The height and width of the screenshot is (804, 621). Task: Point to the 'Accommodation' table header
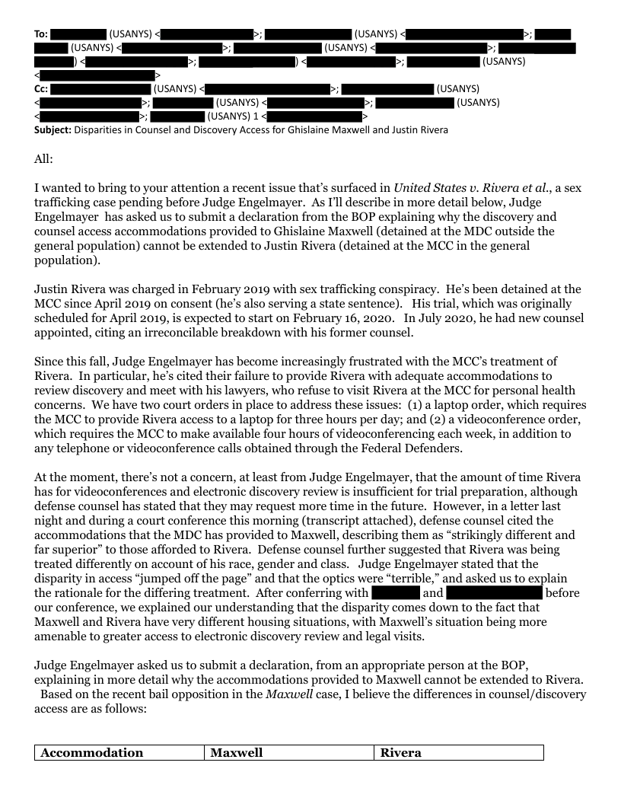tap(92, 752)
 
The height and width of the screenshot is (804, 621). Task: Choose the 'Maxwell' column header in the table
tap(237, 752)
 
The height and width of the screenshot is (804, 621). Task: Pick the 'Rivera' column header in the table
tap(401, 752)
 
